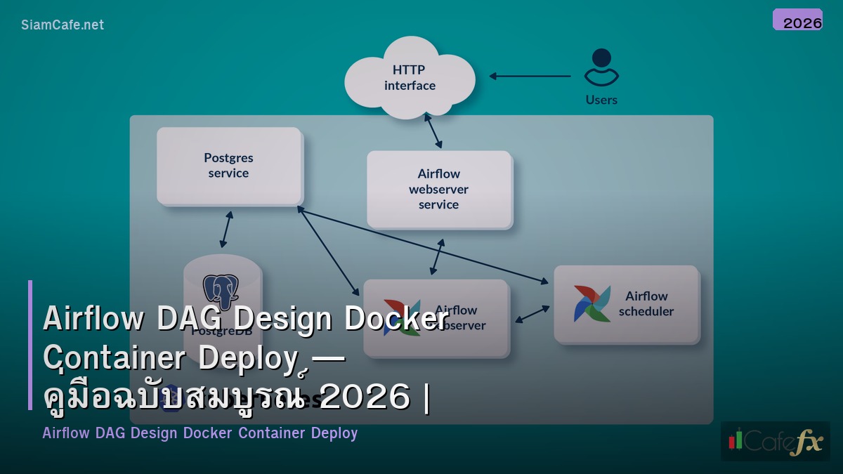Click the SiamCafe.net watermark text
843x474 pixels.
click(63, 25)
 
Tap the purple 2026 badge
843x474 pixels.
click(797, 20)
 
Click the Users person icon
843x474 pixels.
click(601, 67)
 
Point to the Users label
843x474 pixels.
click(601, 100)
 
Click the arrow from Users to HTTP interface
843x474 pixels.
click(530, 76)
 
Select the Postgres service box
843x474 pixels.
click(229, 166)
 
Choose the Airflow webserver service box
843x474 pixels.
click(439, 189)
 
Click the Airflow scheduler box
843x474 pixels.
click(627, 303)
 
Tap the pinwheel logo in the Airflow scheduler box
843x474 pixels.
click(592, 303)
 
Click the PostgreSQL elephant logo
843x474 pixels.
click(221, 291)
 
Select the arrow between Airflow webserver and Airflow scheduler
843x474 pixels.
click(532, 314)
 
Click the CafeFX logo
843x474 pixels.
click(775, 441)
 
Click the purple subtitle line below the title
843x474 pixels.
click(200, 433)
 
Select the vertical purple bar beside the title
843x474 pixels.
click(30, 345)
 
